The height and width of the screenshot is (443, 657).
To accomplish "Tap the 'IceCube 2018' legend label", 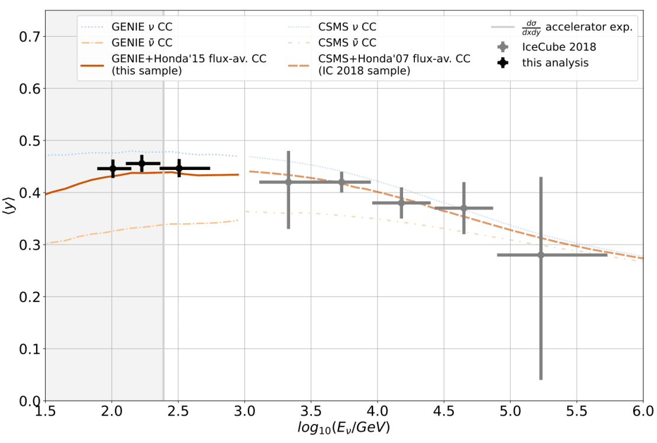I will (x=559, y=47).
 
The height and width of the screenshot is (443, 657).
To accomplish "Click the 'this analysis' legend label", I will (x=555, y=63).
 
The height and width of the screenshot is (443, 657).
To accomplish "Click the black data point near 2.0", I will (x=113, y=168).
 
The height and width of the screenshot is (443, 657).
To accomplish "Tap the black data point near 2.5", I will (x=179, y=168).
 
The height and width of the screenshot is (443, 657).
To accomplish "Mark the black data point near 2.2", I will (x=141, y=163).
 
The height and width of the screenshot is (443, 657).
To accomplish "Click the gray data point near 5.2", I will (x=540, y=255).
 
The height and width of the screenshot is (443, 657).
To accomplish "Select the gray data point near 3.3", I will (x=288, y=182).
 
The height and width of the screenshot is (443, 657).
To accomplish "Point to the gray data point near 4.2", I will (x=401, y=203).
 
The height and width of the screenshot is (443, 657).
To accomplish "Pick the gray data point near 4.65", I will (x=463, y=208).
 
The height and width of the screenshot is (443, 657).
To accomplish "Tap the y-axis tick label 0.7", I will (x=29, y=37).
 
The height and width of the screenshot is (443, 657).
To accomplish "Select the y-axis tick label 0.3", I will (x=29, y=245).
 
